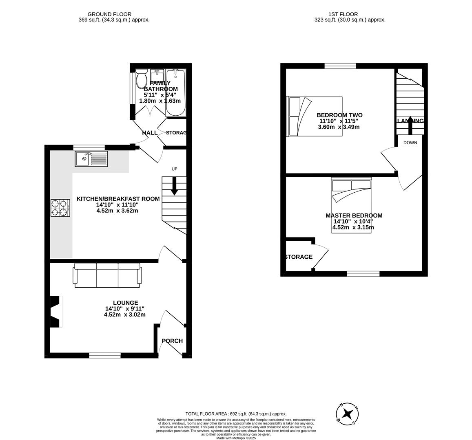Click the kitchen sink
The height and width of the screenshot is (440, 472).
pos(91,158)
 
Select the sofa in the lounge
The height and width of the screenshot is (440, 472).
pos(107,275)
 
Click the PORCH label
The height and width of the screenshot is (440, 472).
pos(172,341)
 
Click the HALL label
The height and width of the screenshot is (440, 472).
pos(150,133)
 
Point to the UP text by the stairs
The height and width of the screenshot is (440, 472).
pos(174,169)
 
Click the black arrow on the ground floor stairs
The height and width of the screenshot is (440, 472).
pos(174,186)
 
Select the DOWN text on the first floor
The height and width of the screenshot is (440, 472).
pos(410,143)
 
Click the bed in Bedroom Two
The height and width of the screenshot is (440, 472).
pos(315,116)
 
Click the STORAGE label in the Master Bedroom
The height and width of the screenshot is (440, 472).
pos(299,257)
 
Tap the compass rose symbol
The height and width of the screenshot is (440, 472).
pos(347,414)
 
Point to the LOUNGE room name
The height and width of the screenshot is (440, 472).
pos(125,303)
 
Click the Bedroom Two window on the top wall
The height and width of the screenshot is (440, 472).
pos(340,66)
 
